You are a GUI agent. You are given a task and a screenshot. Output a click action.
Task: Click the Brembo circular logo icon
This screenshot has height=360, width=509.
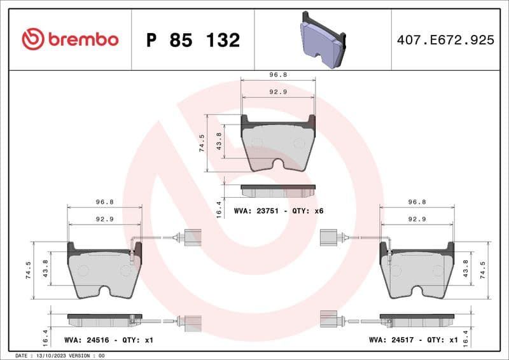33,39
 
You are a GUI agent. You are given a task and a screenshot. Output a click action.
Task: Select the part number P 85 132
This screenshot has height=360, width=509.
193,40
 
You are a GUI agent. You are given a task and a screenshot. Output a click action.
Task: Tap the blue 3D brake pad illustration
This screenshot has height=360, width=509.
322,39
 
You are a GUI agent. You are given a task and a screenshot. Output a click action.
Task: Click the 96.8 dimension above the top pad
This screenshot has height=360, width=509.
279,74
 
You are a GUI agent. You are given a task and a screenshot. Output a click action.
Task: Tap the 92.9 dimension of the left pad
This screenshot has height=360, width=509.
104,219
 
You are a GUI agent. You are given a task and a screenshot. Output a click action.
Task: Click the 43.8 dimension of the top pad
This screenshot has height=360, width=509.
219,140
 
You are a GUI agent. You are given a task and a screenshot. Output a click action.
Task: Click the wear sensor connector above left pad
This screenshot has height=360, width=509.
192,237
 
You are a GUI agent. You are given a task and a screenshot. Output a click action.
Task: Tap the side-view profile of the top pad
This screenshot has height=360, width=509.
278,191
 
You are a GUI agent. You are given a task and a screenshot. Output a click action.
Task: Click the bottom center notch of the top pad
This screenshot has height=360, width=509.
279,163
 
